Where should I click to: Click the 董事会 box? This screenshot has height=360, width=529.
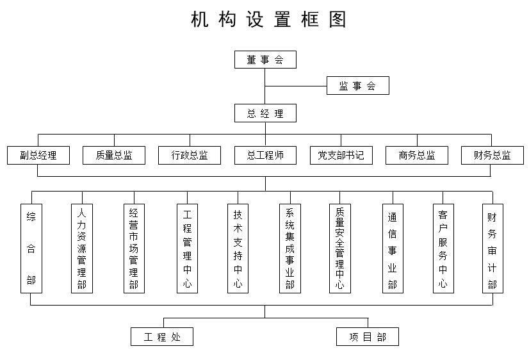click(x=265, y=60)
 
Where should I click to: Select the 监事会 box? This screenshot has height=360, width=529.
click(x=357, y=86)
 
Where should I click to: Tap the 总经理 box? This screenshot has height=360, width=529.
click(x=265, y=113)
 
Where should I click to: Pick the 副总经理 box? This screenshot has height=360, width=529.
click(x=38, y=155)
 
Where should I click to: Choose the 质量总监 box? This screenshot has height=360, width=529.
click(x=114, y=155)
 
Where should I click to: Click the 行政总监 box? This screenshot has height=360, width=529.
click(x=190, y=155)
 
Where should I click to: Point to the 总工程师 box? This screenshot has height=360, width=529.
click(x=265, y=155)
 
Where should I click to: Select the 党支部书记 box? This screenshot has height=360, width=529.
click(x=341, y=155)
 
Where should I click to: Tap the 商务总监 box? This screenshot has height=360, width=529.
click(x=417, y=155)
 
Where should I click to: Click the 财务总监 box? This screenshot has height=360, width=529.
click(x=492, y=155)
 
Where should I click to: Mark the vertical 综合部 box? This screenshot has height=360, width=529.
click(x=31, y=249)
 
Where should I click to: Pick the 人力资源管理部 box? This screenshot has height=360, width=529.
click(x=81, y=249)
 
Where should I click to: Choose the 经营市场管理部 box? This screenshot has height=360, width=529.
click(x=134, y=249)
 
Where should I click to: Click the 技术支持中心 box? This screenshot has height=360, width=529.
click(x=238, y=249)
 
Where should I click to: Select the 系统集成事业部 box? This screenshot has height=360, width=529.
click(x=290, y=249)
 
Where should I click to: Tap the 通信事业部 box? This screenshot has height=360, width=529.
click(x=393, y=249)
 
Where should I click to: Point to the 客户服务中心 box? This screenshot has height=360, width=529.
click(x=443, y=249)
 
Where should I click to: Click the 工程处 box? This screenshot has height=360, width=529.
click(x=162, y=336)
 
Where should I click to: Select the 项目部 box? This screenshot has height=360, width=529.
click(x=368, y=336)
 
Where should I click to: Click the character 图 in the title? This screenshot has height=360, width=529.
click(x=338, y=19)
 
